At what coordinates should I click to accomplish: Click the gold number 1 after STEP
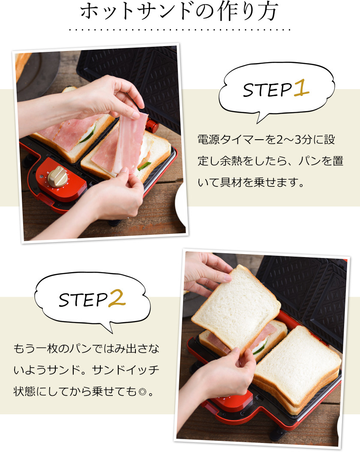[302, 88]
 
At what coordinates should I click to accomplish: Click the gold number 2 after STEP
[117, 298]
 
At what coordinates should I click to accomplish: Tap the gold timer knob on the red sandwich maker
[58, 176]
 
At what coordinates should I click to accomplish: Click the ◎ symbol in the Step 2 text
[142, 392]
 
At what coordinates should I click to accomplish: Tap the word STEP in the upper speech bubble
[267, 90]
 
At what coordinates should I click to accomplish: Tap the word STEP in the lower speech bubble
[83, 300]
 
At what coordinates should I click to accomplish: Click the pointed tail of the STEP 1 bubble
[258, 121]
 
